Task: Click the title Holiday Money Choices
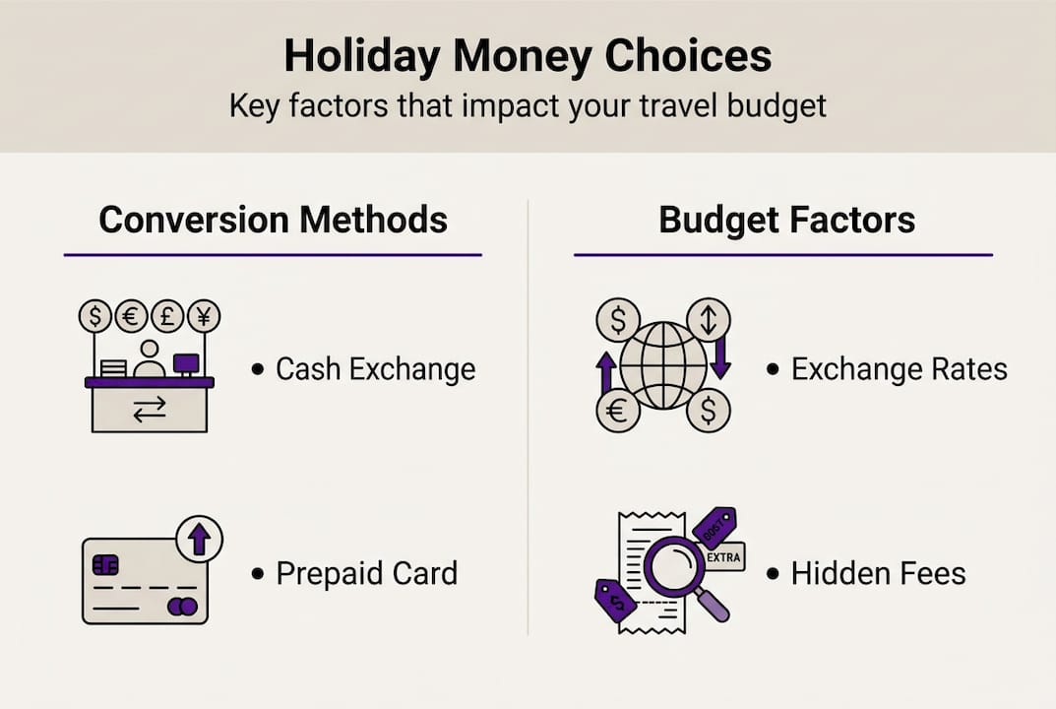(x=528, y=56)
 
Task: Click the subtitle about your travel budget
(x=528, y=105)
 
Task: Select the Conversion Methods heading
(x=273, y=220)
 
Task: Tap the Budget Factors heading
(x=786, y=220)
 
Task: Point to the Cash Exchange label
(x=375, y=369)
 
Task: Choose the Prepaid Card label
(x=366, y=573)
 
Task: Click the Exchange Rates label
(x=899, y=369)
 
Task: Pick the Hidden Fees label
(x=878, y=573)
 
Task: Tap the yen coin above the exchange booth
(x=204, y=316)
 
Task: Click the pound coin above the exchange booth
(x=167, y=316)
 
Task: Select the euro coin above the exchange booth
(x=131, y=316)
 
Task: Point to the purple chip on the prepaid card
(x=105, y=564)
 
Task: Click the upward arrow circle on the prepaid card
(x=199, y=539)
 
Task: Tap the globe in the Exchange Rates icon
(x=663, y=364)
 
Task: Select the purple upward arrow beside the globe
(x=606, y=373)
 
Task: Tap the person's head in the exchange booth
(x=150, y=351)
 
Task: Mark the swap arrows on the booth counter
(x=150, y=411)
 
